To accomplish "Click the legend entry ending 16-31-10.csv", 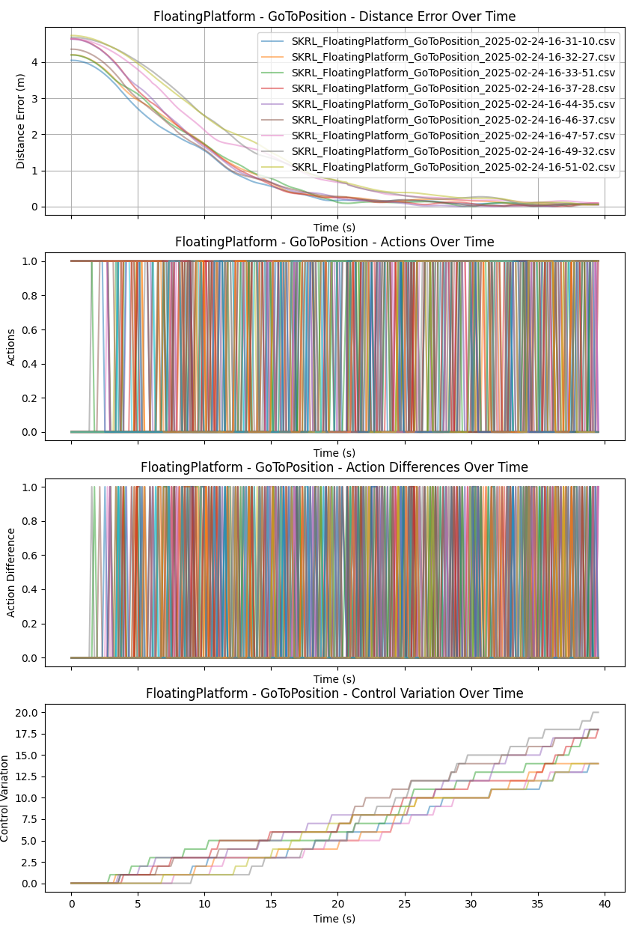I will coord(453,41).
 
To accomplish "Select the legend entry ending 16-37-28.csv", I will coord(453,88).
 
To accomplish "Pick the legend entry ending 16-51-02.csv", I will coord(453,167).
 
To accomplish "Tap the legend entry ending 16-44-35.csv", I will coord(453,104).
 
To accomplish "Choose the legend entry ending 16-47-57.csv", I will coord(453,136).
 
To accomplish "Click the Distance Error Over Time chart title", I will coord(334,16).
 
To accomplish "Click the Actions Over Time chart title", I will coord(334,242).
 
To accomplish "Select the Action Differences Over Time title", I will coord(334,467).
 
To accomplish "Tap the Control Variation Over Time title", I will coord(334,693).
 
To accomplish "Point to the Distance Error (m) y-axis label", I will coord(21,120).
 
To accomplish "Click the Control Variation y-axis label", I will coord(6,798).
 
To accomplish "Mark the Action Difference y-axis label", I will coord(11,572).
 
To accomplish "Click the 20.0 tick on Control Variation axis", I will coord(26,712).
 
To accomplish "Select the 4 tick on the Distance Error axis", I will coord(34,62).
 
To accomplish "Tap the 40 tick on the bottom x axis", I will coord(605,904).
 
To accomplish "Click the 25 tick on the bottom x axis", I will coord(405,904).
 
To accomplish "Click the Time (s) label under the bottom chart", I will coord(334,919).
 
